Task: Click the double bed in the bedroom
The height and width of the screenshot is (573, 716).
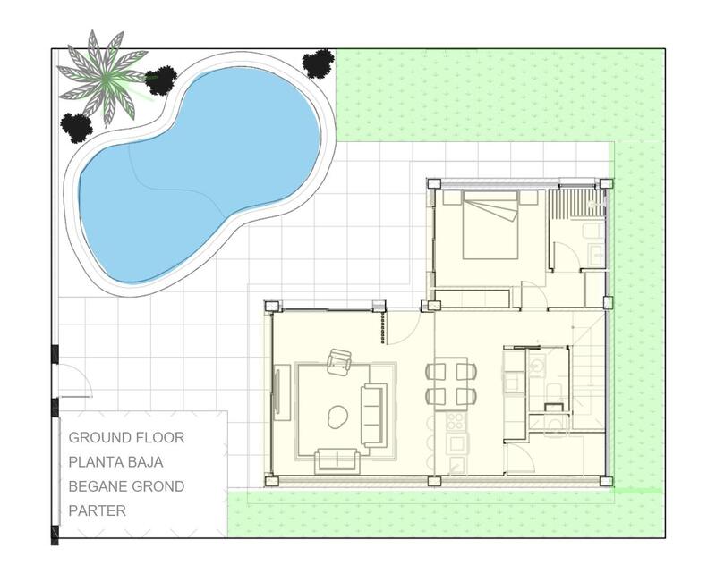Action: coord(491,225)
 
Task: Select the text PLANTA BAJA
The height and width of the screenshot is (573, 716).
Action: coord(128,462)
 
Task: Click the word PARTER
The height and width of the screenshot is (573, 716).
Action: coord(98,511)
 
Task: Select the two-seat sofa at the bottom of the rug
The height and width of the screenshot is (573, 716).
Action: coord(337,461)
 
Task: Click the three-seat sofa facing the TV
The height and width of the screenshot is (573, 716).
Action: coord(374,415)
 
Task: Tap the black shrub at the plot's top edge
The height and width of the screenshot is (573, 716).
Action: coord(318,63)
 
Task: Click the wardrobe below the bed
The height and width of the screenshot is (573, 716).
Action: coord(472,298)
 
